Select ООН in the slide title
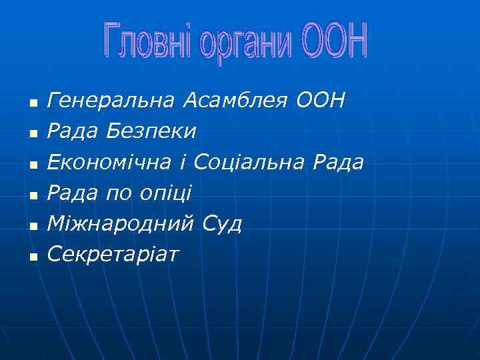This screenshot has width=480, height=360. [x=334, y=41]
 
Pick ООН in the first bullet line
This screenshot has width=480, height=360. [x=321, y=101]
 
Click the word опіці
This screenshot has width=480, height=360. [x=165, y=194]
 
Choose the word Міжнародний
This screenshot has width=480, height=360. [x=122, y=224]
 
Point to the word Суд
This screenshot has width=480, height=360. [x=223, y=224]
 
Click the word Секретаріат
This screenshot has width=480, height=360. [x=114, y=254]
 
